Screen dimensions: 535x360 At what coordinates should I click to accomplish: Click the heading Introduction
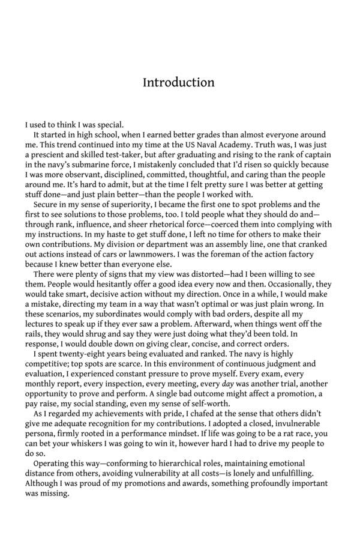coord(178,82)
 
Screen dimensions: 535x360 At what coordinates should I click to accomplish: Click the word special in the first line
coord(109,125)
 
